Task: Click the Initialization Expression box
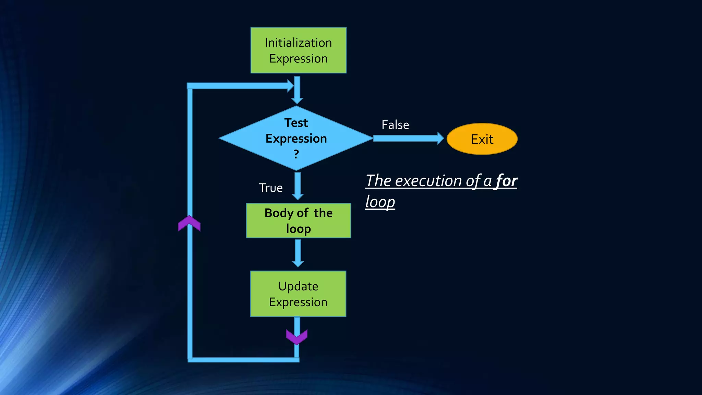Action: (x=298, y=50)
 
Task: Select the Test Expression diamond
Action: (x=296, y=138)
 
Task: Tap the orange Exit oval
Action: (x=482, y=139)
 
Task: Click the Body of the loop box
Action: (x=298, y=220)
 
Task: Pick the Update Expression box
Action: (x=298, y=294)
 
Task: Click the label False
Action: (x=395, y=125)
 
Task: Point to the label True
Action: (x=270, y=188)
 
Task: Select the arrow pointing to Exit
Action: (x=408, y=138)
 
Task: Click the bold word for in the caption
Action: (x=506, y=181)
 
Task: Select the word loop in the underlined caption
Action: (x=380, y=202)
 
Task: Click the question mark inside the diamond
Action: (x=296, y=154)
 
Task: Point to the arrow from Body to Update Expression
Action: (x=298, y=253)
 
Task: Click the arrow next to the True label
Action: (x=298, y=186)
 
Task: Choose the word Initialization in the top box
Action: (x=298, y=43)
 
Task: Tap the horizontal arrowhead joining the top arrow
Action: (x=289, y=86)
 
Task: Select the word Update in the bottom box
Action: (x=298, y=286)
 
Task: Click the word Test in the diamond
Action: (x=296, y=123)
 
